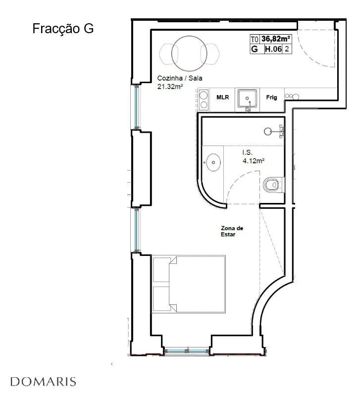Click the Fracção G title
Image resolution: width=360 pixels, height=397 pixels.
(63, 28)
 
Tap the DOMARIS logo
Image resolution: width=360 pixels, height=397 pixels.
(43, 382)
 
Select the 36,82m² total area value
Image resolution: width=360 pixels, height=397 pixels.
(276, 39)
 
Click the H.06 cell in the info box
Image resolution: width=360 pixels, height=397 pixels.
(273, 49)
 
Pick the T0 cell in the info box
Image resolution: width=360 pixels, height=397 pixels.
(255, 39)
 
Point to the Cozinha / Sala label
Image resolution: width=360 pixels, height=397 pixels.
(180, 78)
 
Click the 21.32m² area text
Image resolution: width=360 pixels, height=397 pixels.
(170, 86)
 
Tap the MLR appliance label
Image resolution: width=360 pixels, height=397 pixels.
(222, 97)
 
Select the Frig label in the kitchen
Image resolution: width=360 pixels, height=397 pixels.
(271, 97)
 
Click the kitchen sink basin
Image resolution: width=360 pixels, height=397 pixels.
(247, 98)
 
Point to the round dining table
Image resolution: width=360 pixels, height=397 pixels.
(189, 53)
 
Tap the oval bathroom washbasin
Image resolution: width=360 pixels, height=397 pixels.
(213, 162)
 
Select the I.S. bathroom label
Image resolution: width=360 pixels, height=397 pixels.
(247, 152)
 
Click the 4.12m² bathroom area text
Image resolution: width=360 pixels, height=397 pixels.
(254, 160)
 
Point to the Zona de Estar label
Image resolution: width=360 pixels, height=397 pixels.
(232, 231)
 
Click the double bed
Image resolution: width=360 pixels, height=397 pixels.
(189, 284)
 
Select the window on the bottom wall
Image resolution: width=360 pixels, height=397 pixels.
(187, 351)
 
